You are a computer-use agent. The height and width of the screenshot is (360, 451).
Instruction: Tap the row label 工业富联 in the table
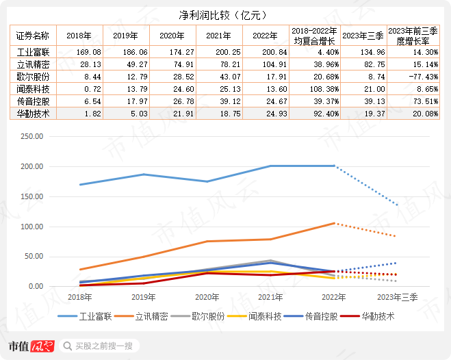click(33, 51)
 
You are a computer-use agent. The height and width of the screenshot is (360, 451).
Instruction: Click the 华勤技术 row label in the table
click(33, 114)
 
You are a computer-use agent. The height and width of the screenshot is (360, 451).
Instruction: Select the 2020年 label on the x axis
click(208, 297)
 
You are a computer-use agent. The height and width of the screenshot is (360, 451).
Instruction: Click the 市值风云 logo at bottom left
click(29, 346)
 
